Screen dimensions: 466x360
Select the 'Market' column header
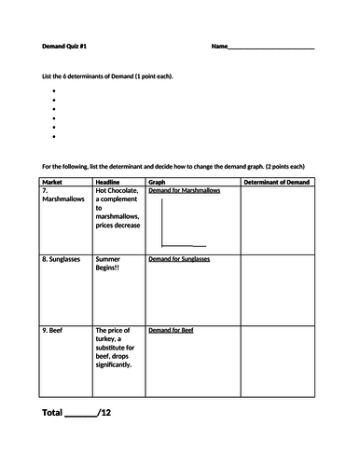(53, 182)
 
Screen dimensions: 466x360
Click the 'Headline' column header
(110, 182)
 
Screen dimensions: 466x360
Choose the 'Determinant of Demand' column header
(276, 182)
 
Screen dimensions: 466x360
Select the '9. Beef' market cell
(54, 331)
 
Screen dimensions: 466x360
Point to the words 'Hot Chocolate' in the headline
(117, 191)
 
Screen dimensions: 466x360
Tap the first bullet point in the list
(55, 91)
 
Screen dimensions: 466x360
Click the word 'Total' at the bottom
(53, 411)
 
